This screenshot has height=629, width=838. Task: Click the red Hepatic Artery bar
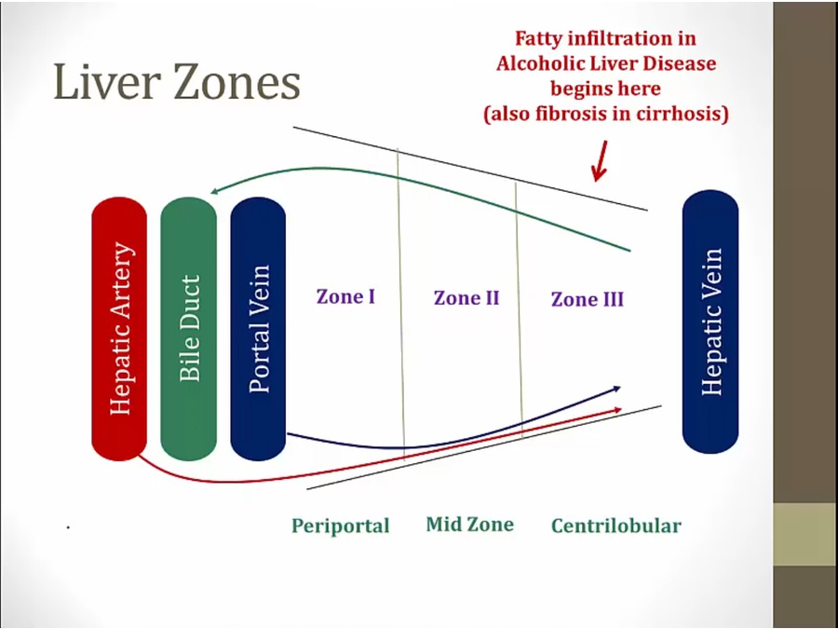click(x=119, y=328)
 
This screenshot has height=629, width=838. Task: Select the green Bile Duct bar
click(x=189, y=328)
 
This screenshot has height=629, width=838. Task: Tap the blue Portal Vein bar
click(x=258, y=328)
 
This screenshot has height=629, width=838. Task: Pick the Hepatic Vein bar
click(x=710, y=321)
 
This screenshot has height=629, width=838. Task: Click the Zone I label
click(x=345, y=296)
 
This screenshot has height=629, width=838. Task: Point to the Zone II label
click(x=466, y=298)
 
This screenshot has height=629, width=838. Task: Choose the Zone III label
click(x=588, y=299)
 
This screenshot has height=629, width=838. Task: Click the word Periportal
click(x=341, y=526)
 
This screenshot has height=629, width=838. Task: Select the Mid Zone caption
click(x=470, y=524)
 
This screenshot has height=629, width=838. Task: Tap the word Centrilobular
click(x=616, y=526)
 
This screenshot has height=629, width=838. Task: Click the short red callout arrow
click(x=601, y=161)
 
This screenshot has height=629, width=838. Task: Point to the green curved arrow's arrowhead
click(x=215, y=190)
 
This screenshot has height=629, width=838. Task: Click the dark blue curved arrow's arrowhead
click(x=616, y=389)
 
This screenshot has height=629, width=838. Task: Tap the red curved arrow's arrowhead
click(x=618, y=410)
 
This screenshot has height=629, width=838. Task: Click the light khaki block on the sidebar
click(x=805, y=534)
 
